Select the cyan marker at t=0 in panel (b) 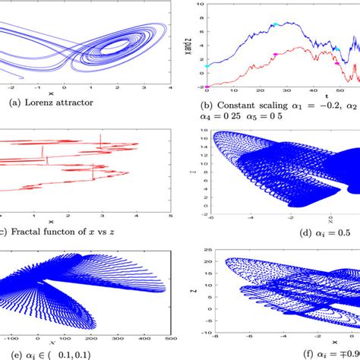tap(207, 66)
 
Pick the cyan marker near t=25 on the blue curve tap(275, 24)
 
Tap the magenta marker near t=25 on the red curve tap(275, 55)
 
